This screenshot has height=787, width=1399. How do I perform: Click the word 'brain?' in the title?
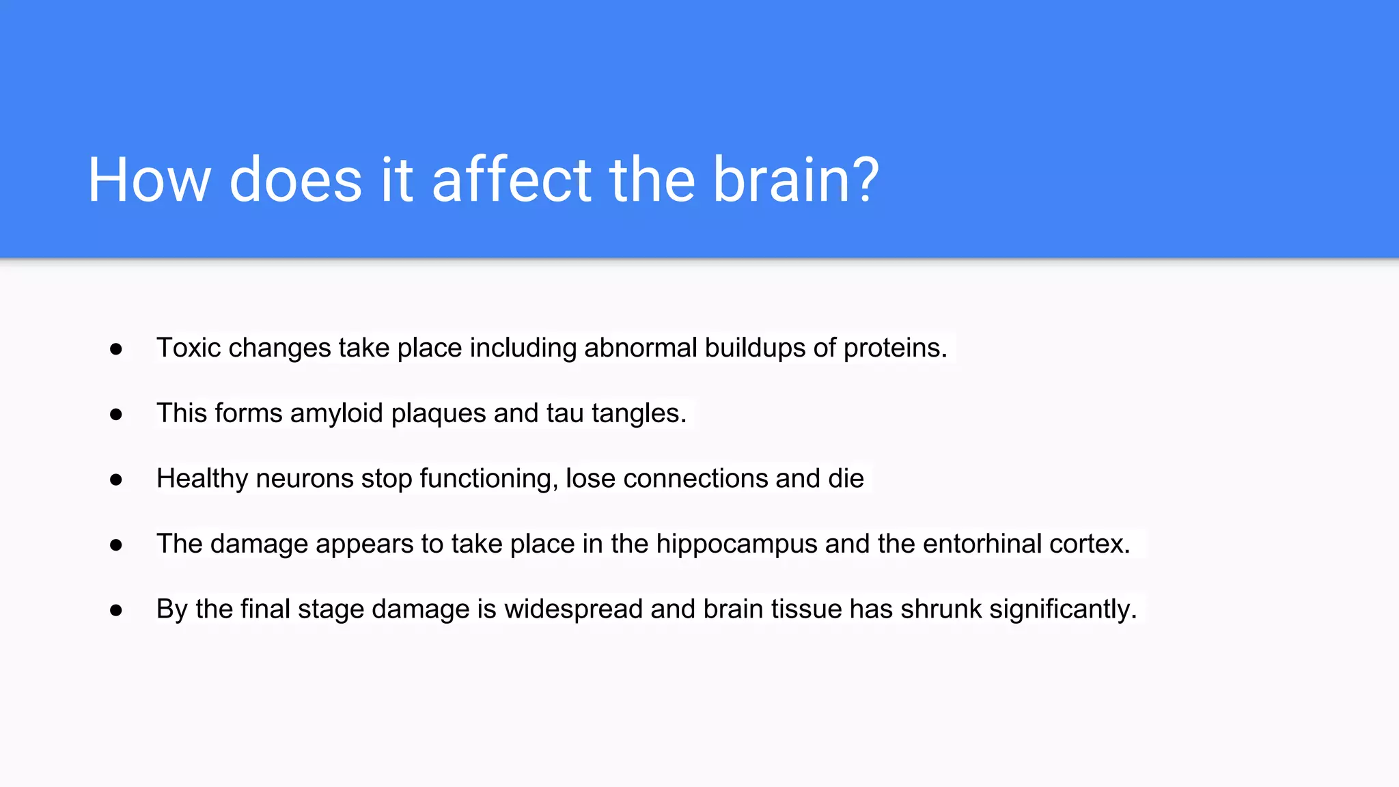tap(796, 180)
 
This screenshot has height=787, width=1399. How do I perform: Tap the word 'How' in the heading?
tap(149, 180)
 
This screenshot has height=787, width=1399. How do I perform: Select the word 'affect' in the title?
tap(512, 180)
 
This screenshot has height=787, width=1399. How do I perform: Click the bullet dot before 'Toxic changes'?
tap(116, 349)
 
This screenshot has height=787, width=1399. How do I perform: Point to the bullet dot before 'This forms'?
tap(116, 414)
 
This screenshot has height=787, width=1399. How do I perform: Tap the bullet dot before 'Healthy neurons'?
tap(116, 480)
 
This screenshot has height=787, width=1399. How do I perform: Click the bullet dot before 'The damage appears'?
tap(116, 544)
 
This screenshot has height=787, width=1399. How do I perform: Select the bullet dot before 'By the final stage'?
tap(116, 610)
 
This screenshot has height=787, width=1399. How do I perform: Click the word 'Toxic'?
tap(189, 348)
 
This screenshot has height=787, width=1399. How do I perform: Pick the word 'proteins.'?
tap(895, 348)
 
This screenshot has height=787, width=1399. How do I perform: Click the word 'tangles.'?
tap(639, 413)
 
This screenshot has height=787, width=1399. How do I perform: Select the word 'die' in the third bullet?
tap(846, 478)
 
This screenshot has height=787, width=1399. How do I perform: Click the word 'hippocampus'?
tap(736, 544)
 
